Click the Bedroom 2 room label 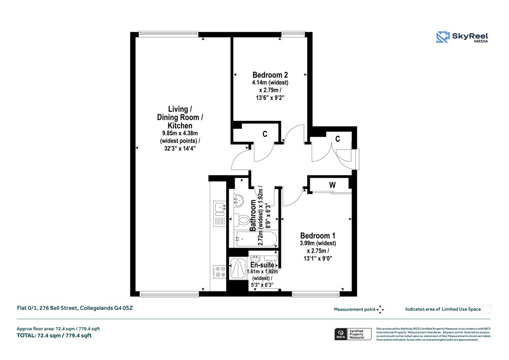click(270, 75)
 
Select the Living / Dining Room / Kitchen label click(177, 117)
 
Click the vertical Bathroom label click(253, 216)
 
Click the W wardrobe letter click(332, 185)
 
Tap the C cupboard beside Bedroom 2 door click(265, 134)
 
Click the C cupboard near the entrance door click(338, 139)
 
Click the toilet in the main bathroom click(243, 219)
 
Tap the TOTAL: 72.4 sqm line click(54, 336)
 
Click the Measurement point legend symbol click(380, 309)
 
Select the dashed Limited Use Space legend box click(487, 309)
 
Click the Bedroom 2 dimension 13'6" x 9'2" click(269, 98)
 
